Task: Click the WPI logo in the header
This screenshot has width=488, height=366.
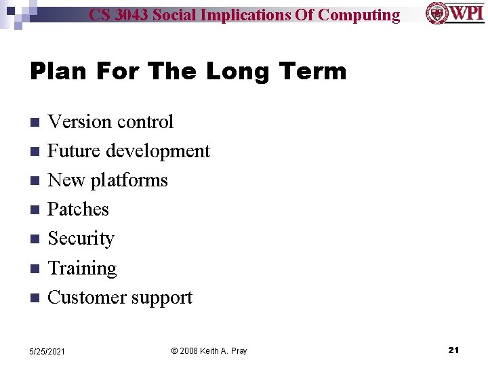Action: (455, 13)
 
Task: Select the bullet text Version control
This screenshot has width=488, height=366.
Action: (110, 122)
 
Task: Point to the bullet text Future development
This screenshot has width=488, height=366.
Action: (129, 151)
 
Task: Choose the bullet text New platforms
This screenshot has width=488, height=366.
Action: (108, 180)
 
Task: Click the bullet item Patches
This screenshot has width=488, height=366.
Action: (78, 209)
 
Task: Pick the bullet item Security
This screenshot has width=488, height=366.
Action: (81, 239)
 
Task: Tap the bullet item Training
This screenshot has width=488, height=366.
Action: (82, 268)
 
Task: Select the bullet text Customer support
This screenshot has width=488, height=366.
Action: (120, 298)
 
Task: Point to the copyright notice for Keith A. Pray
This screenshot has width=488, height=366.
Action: (209, 351)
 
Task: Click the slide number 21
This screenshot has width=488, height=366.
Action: (453, 350)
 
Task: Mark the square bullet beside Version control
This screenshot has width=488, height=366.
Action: (35, 123)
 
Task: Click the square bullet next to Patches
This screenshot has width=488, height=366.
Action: (35, 210)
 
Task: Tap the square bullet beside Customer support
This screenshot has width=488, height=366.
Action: (35, 298)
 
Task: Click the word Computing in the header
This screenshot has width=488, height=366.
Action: (359, 15)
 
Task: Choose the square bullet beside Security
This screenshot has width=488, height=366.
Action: (35, 239)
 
